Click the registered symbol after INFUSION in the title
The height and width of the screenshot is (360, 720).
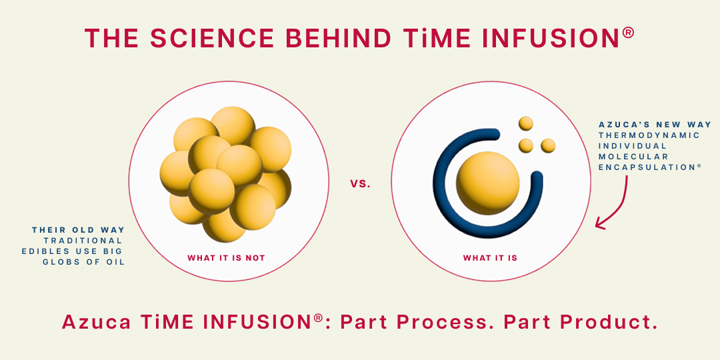coord(629,33)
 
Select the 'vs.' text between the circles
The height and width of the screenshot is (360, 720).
coord(360,184)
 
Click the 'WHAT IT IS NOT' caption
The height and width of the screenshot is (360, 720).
coord(227,258)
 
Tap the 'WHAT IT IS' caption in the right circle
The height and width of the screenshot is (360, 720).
coord(490,258)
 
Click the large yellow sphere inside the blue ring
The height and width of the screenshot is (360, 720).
coord(487,183)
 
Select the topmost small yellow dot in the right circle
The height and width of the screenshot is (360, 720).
coord(526,123)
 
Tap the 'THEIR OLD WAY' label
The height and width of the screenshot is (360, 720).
coord(79,229)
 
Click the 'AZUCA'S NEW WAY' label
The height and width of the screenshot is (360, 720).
coord(655,125)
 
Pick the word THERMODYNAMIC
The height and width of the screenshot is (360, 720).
coord(649,135)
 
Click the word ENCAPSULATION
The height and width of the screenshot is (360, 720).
coord(647,167)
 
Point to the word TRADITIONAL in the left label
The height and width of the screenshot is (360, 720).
coord(83,241)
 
